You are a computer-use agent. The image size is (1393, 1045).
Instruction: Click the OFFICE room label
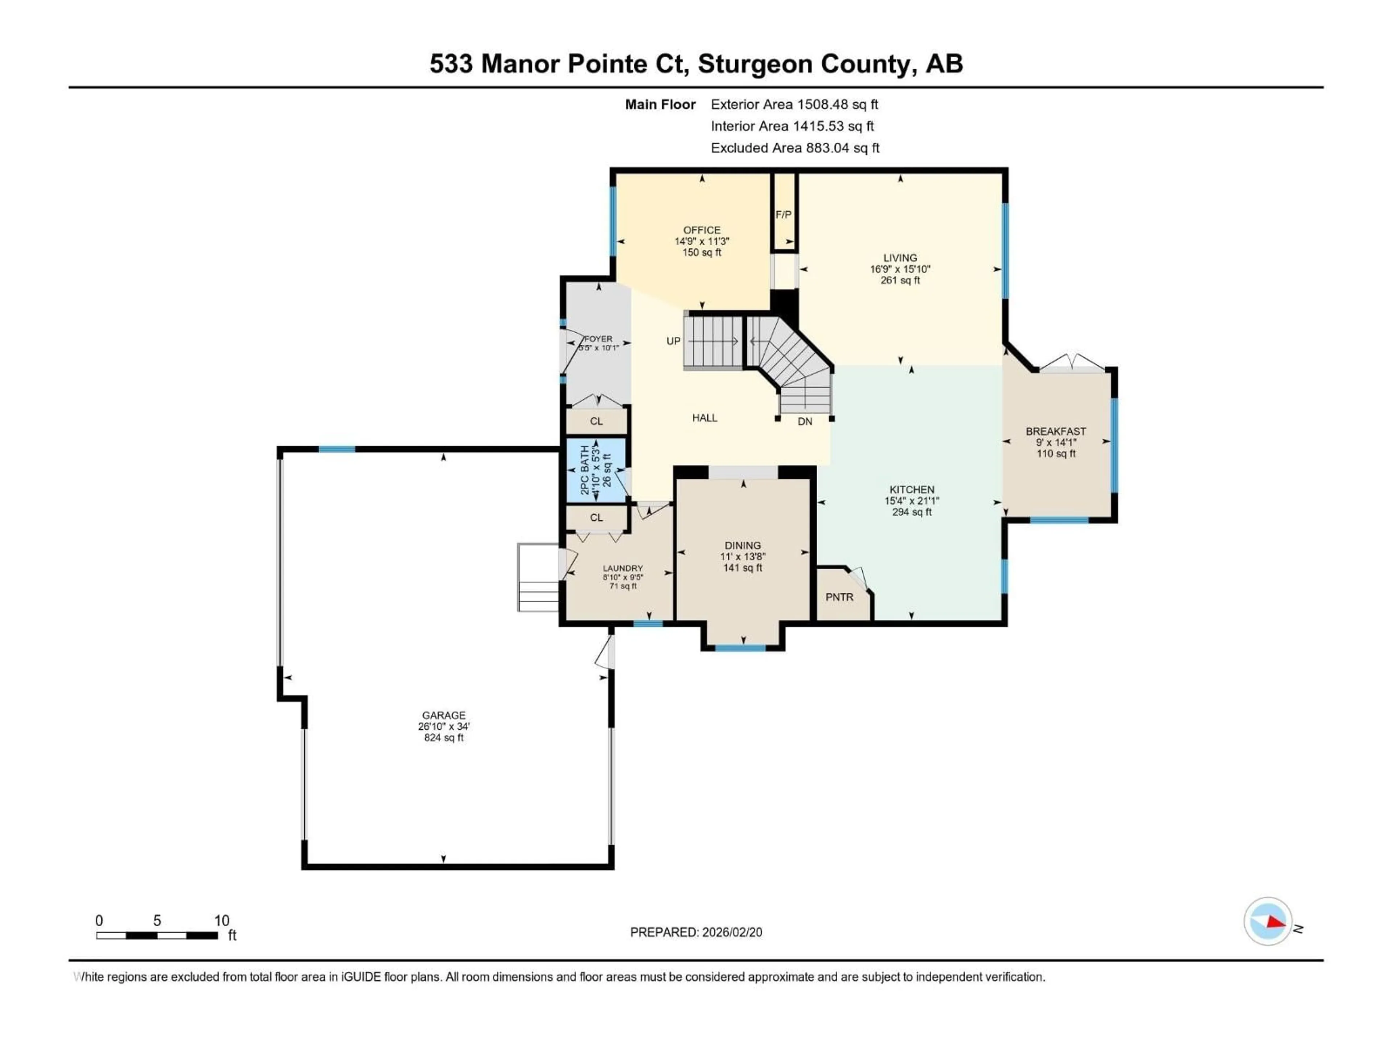coord(702,230)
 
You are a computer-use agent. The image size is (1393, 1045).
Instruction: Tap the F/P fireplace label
coord(784,215)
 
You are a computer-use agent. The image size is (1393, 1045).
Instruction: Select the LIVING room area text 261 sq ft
coord(900,280)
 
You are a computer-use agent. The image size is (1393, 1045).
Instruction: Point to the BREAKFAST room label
coord(1056,431)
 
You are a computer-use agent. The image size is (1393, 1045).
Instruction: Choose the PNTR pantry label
coord(839,597)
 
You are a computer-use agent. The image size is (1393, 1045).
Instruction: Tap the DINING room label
coord(743,545)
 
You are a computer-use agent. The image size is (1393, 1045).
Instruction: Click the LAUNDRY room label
coord(623,568)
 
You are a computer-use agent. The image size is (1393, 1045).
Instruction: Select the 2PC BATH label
coord(584,470)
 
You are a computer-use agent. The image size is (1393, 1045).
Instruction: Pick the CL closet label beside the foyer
coord(596,421)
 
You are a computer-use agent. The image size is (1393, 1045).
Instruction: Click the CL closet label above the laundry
coord(596,518)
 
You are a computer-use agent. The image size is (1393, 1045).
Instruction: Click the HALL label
coord(705,418)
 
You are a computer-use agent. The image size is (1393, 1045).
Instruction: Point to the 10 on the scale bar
coord(222,920)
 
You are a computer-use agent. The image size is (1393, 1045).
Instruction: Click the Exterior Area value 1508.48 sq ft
coord(838,104)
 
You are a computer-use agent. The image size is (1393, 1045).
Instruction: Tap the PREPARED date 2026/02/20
coord(732,932)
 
